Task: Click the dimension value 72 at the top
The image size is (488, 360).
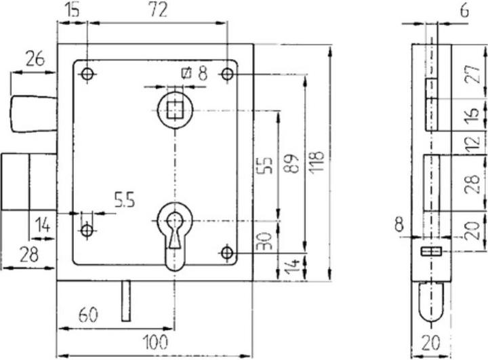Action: [x=157, y=9]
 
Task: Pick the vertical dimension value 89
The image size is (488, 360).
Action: [x=293, y=164]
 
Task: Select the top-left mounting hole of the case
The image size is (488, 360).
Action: [x=87, y=74]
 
